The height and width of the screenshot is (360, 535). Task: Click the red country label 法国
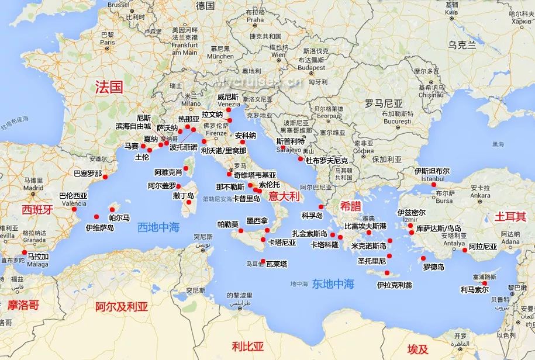point(109,88)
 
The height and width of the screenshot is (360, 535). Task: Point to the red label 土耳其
point(507,216)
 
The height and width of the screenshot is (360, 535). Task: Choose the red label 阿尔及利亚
point(122,306)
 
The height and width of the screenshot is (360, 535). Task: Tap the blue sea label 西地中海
point(158,227)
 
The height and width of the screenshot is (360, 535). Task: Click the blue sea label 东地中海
point(333,284)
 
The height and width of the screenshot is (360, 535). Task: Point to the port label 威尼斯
point(228,96)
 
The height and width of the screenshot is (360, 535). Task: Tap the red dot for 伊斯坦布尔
point(434,185)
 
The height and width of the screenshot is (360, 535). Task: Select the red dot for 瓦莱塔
point(263,261)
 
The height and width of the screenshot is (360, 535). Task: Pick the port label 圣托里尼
point(372,261)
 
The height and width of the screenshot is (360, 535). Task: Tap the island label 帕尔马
point(119,217)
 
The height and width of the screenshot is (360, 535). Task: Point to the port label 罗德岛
point(433,267)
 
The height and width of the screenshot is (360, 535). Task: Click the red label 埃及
point(417,349)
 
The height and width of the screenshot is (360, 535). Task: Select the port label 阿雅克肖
point(168,172)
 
